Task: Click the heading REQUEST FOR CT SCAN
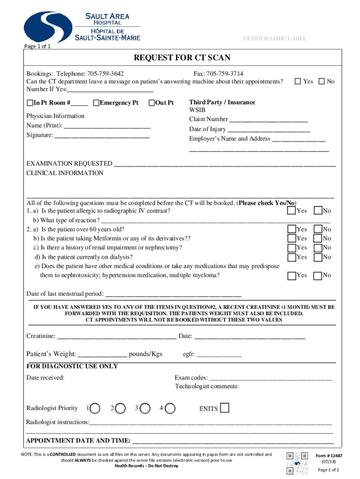coord(182,58)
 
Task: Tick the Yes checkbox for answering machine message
coord(297,81)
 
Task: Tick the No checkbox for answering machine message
coord(321,81)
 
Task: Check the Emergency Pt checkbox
coord(96,103)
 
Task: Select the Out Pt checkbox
coord(151,103)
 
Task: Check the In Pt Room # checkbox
coord(30,103)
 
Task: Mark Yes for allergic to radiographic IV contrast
coord(291,211)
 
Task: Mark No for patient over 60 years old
coord(318,229)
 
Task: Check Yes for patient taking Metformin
coord(291,239)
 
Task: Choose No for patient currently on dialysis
coord(318,257)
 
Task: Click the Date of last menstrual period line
coord(173,295)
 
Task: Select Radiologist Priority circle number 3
coord(144,408)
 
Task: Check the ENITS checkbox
coord(224,408)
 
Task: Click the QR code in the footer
coord(297,463)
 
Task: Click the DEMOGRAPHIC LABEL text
coord(275,38)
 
